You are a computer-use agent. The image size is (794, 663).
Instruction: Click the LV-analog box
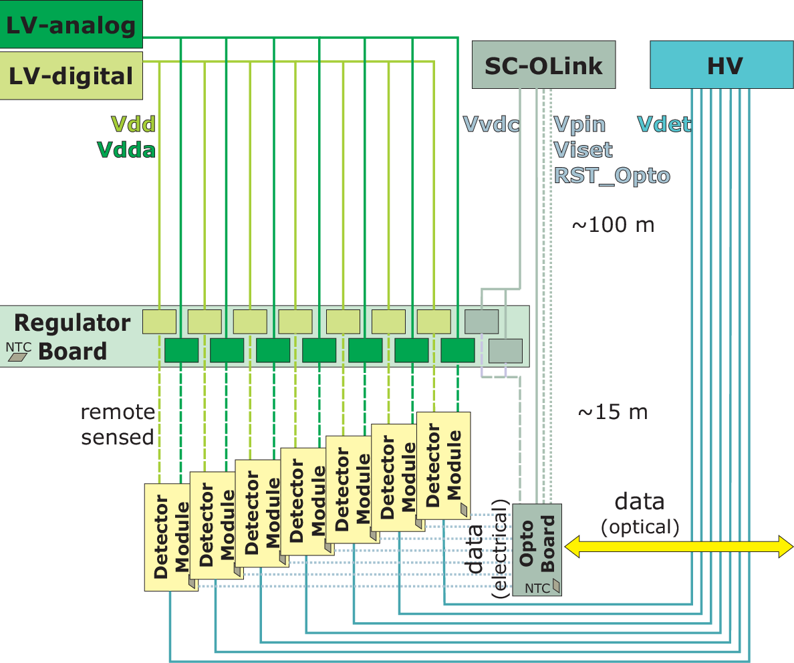71,24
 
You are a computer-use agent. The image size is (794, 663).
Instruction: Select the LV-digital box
71,76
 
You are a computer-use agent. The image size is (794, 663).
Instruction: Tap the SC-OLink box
543,65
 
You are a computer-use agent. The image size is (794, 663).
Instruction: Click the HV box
722,65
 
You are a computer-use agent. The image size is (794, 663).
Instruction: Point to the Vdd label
133,124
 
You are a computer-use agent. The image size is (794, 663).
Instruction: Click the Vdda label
126,150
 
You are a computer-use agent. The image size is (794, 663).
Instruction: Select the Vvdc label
491,124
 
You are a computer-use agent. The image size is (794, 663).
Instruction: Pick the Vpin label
579,124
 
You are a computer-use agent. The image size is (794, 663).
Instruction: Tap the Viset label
583,150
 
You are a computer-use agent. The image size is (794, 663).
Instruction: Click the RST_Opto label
612,176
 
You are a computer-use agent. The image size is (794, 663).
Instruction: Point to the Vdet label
664,124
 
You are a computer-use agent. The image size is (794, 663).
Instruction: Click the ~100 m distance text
613,225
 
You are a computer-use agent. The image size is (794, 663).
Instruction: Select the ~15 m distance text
613,412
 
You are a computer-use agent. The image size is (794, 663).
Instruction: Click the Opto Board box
537,549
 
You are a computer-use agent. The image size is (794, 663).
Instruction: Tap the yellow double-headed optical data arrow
678,547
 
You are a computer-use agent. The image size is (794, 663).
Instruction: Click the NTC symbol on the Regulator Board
18,357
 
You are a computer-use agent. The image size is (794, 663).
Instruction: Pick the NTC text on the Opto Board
537,589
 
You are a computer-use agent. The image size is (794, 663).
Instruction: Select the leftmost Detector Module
171,537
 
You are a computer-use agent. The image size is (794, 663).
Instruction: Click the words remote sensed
118,424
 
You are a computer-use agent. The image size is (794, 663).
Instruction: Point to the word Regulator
72,323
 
